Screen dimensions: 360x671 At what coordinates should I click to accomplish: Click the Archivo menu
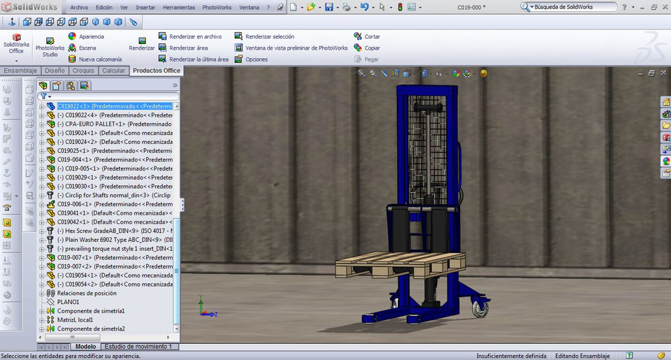pyautogui.click(x=79, y=7)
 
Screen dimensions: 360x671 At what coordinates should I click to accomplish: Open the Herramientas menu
pyautogui.click(x=179, y=7)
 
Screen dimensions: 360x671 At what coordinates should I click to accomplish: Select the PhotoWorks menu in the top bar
pyautogui.click(x=217, y=7)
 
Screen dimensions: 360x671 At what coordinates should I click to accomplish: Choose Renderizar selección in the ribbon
pyautogui.click(x=269, y=36)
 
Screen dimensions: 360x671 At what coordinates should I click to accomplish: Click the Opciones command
pyautogui.click(x=256, y=59)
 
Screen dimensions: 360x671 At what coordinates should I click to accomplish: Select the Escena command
pyautogui.click(x=87, y=48)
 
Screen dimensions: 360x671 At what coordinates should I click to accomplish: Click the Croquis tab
pyautogui.click(x=83, y=71)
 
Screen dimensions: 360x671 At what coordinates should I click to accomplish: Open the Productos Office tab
pyautogui.click(x=156, y=71)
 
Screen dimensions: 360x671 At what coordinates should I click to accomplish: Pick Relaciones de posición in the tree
pyautogui.click(x=87, y=293)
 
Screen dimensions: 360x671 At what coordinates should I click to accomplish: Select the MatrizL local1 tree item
pyautogui.click(x=75, y=319)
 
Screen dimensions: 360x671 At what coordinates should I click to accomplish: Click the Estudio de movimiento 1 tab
pyautogui.click(x=140, y=347)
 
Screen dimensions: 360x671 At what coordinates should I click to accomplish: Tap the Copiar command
pyautogui.click(x=372, y=48)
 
